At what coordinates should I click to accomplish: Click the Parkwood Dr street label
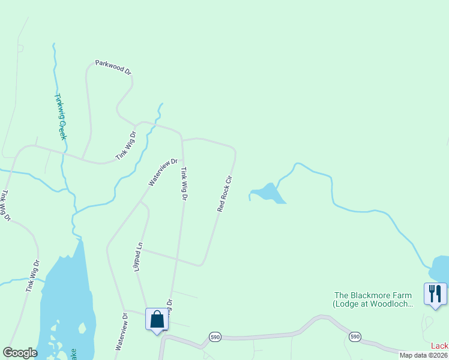(x=113, y=67)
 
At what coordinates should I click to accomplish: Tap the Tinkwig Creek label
(x=60, y=116)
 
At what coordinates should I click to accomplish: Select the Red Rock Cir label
(x=224, y=194)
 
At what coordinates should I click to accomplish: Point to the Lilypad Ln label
(x=139, y=256)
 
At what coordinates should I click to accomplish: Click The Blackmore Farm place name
(x=373, y=295)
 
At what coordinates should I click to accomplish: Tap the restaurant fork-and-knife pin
(x=435, y=293)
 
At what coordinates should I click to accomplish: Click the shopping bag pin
(x=157, y=319)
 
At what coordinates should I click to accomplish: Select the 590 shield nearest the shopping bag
(x=215, y=337)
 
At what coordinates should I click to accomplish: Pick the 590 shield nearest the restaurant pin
(x=355, y=337)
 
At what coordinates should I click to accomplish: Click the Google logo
(x=20, y=353)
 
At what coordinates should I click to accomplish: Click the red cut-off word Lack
(x=440, y=346)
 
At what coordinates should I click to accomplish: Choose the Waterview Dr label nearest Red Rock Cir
(x=164, y=172)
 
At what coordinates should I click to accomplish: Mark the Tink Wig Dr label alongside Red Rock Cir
(x=184, y=184)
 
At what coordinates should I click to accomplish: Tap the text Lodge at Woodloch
(x=373, y=304)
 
